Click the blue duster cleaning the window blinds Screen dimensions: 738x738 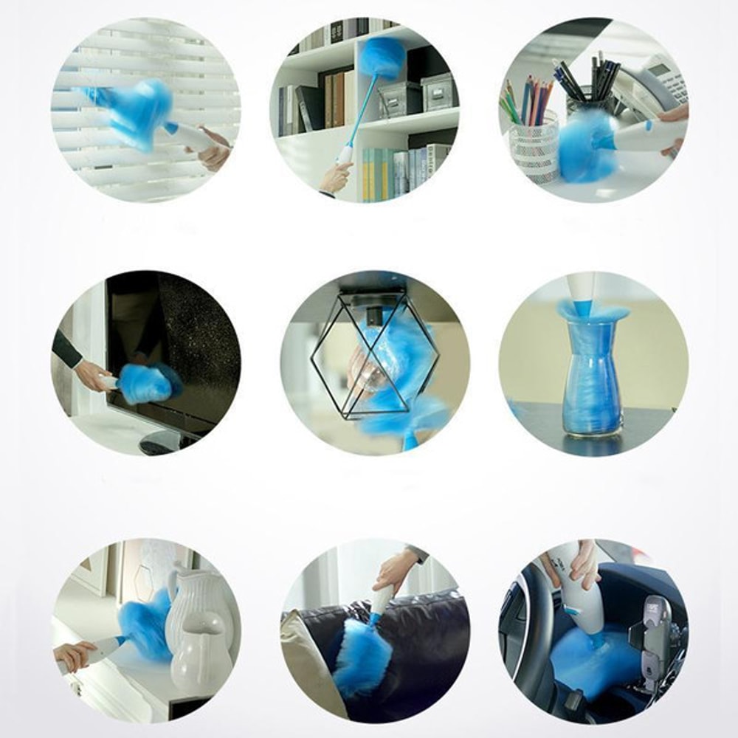[137, 114]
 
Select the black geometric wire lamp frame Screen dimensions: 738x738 [373, 354]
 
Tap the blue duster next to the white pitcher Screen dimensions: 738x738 [144, 624]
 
